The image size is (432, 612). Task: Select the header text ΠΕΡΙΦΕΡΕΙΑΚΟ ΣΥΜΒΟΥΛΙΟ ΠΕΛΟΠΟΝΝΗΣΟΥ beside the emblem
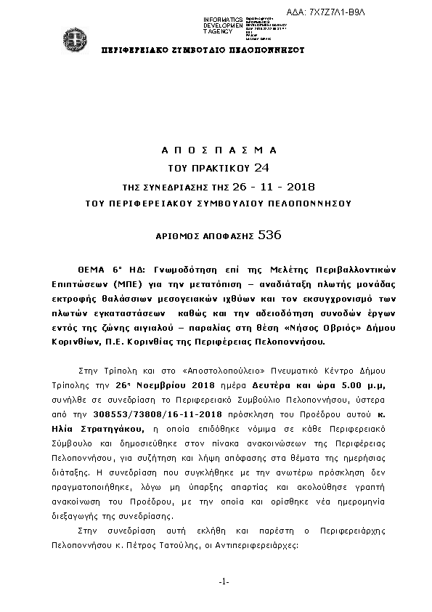[202, 50]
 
